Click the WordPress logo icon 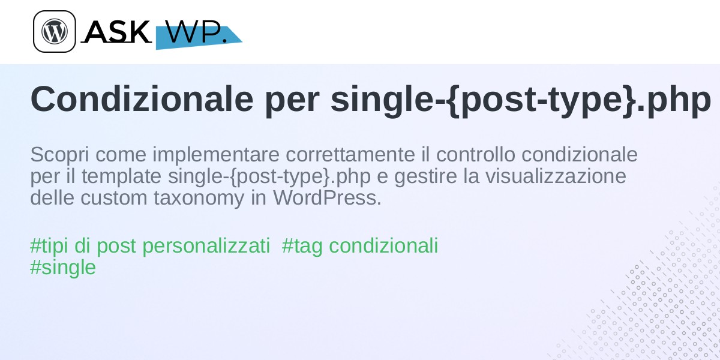55,31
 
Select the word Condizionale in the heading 142,100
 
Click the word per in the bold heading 292,103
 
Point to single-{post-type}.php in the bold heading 521,100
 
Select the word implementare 216,155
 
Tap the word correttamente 350,155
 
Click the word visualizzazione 556,176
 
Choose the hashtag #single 63,268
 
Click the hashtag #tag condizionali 360,246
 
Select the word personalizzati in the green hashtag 206,247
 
